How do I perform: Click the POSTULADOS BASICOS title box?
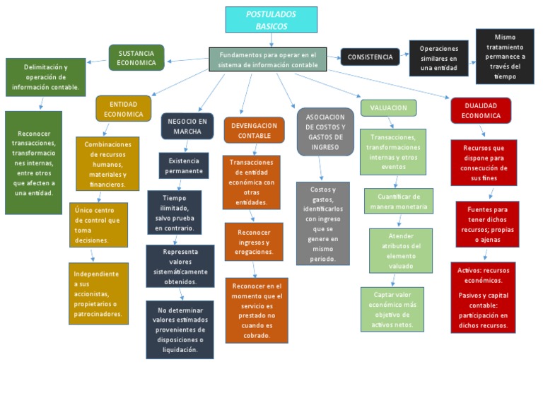tap(271, 20)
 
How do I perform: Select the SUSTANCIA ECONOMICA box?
tap(136, 58)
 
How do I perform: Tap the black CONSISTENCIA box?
tap(370, 57)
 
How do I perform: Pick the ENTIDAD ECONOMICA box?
tap(124, 109)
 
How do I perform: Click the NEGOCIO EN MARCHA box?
tap(187, 126)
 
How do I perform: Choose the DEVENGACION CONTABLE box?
tap(254, 130)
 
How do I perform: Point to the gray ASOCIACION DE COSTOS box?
tap(325, 132)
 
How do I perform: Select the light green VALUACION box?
tap(388, 108)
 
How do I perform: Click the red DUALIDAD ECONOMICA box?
tap(481, 110)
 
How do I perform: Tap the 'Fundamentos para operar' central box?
tap(268, 60)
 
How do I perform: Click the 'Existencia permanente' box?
tap(184, 165)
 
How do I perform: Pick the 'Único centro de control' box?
tap(98, 225)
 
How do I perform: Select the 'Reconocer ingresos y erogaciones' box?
tap(254, 242)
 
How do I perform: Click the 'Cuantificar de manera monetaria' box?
tap(398, 202)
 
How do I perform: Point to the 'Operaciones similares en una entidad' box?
tap(438, 59)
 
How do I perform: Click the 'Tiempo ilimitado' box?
tap(174, 213)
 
